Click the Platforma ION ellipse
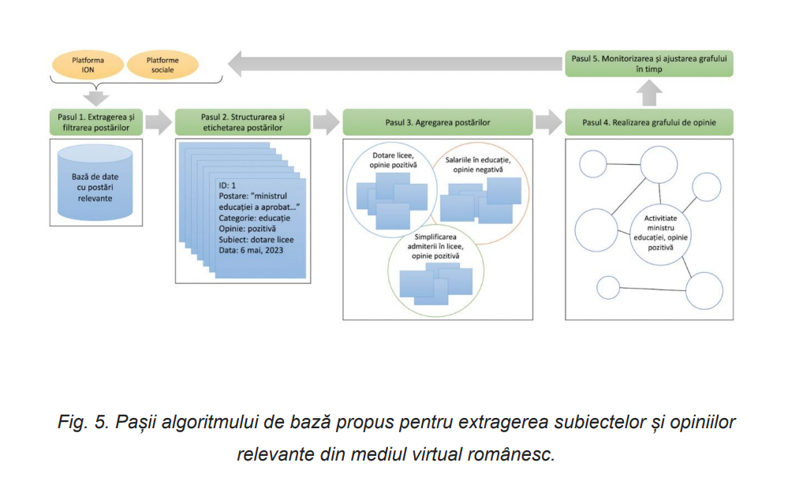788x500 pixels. click(x=88, y=65)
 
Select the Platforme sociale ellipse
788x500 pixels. click(x=164, y=65)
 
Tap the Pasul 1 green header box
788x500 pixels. click(x=94, y=122)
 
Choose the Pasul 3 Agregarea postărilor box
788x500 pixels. click(x=437, y=122)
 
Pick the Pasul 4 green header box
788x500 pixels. click(x=649, y=122)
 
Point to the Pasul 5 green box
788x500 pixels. click(x=649, y=64)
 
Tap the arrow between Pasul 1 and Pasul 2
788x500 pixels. click(x=159, y=122)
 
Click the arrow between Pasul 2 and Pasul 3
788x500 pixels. click(x=323, y=122)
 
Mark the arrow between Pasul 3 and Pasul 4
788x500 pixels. click(x=546, y=122)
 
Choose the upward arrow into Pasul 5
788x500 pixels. click(x=649, y=93)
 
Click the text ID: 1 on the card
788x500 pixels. click(x=228, y=185)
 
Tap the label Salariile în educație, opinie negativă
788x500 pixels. click(x=481, y=165)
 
